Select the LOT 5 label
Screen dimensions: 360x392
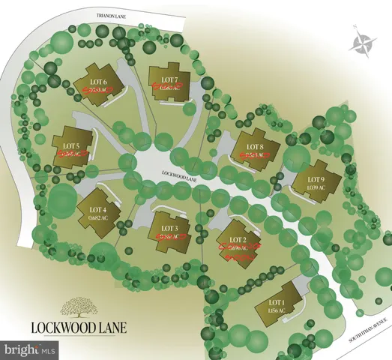(73, 145)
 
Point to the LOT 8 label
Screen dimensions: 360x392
(256, 146)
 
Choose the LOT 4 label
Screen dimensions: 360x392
(99, 209)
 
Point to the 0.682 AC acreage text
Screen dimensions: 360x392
(99, 217)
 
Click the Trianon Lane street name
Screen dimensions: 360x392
(108, 14)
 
